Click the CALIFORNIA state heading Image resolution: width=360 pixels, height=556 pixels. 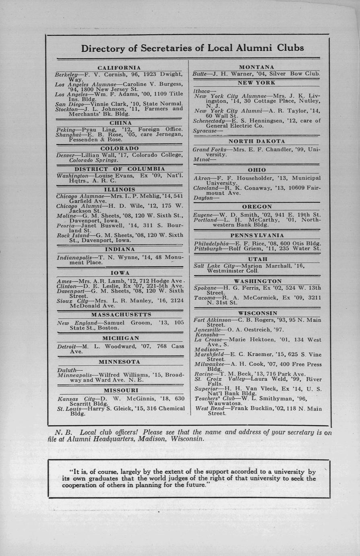click(x=119, y=68)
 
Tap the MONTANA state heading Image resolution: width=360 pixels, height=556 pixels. click(x=257, y=67)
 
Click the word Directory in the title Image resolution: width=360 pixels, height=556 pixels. click(x=103, y=48)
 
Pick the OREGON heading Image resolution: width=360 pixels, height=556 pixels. click(x=257, y=207)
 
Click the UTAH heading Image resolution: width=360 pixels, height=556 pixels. click(x=257, y=259)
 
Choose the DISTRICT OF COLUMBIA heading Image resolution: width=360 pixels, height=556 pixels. click(x=120, y=169)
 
